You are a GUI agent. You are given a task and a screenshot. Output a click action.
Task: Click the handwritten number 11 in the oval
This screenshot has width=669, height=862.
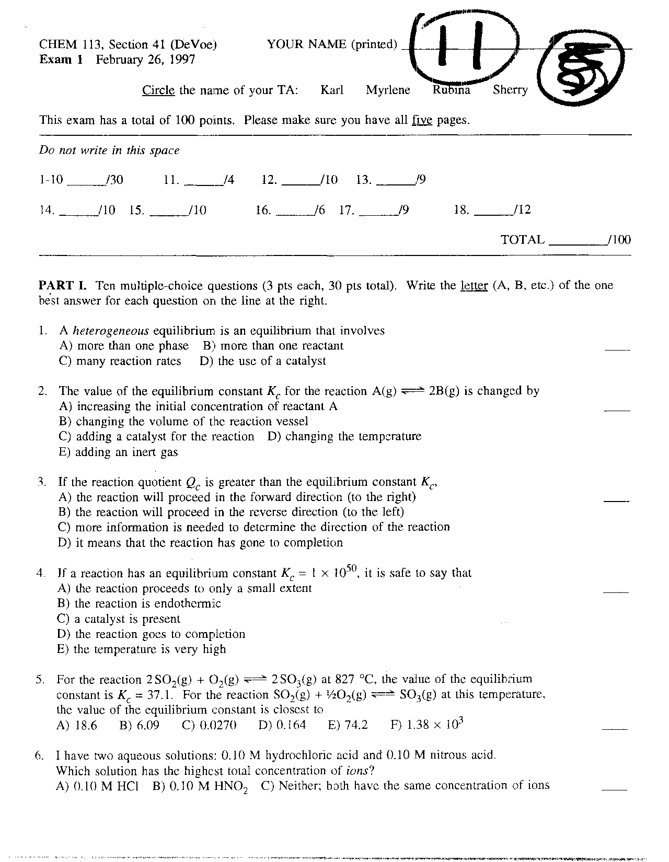tap(460, 47)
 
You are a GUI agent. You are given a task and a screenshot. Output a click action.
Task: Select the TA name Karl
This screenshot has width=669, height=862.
tap(332, 90)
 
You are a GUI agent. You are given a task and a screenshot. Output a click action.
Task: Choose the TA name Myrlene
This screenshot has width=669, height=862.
tap(388, 90)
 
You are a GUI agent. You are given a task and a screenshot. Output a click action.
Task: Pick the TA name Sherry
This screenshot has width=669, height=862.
tap(510, 90)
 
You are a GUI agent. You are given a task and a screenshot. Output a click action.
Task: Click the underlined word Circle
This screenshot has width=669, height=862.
tap(158, 90)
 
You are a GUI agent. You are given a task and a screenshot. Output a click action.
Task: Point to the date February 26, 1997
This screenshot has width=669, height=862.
tap(145, 59)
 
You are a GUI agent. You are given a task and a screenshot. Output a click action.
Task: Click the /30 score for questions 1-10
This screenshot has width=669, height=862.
tap(114, 180)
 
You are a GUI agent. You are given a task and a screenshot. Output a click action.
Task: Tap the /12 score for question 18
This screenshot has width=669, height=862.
tap(522, 210)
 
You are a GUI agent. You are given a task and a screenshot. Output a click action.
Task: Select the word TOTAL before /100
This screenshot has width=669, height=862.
tap(523, 240)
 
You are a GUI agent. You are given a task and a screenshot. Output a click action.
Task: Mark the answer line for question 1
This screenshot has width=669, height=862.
tap(617, 349)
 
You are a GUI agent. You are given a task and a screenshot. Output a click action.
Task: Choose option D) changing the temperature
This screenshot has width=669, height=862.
tap(344, 437)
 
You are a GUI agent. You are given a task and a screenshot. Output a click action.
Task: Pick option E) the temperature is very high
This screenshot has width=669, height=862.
tap(142, 649)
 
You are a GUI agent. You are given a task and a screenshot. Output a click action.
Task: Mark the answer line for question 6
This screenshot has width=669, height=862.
tap(614, 789)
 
